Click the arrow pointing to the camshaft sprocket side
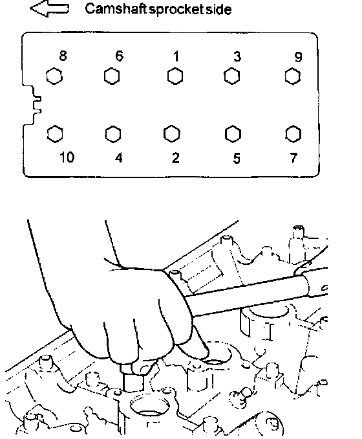click(49, 8)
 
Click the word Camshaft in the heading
click(116, 8)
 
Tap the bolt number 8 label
click(63, 56)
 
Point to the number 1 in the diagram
click(176, 56)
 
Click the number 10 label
click(67, 157)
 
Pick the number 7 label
click(293, 158)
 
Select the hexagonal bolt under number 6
click(112, 76)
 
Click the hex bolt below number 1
click(175, 76)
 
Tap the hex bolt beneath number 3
click(232, 76)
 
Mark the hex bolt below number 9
click(293, 76)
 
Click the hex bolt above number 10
click(55, 134)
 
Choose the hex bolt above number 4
click(113, 134)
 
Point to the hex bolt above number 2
click(171, 133)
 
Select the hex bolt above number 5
click(233, 134)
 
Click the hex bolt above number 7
click(293, 134)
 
